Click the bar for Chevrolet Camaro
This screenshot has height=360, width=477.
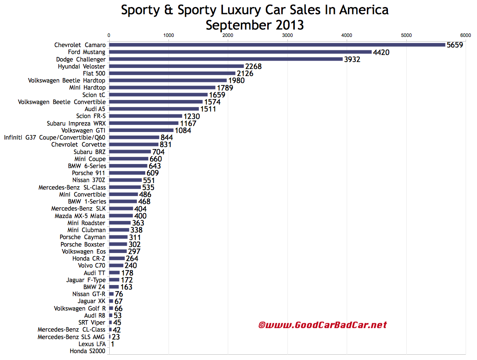(276, 45)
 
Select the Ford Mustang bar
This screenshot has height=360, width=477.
(240, 52)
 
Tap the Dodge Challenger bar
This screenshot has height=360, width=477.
(226, 59)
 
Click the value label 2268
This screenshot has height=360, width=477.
(254, 66)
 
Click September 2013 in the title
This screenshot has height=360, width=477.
(255, 25)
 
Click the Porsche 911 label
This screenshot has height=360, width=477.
(89, 173)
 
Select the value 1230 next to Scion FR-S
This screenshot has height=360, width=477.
(192, 116)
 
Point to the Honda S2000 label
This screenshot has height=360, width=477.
(88, 351)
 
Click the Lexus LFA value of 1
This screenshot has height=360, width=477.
(113, 344)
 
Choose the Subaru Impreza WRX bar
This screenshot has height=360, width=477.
(143, 123)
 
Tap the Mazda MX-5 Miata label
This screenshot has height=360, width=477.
(80, 216)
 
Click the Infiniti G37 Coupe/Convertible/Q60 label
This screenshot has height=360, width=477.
(55, 137)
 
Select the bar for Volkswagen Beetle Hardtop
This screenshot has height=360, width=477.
(168, 80)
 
